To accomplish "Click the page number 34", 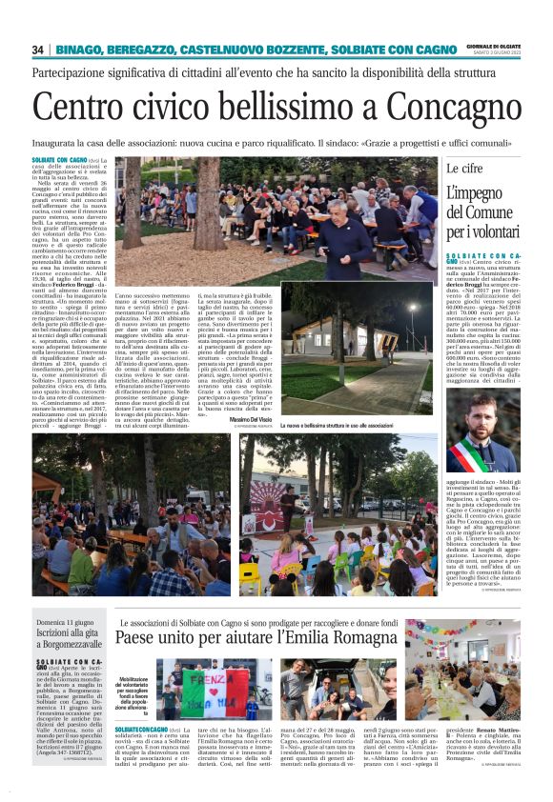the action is click(x=38, y=50).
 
